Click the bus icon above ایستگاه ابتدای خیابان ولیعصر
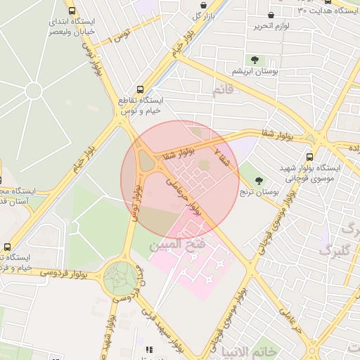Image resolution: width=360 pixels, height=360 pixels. pyautogui.click(x=72, y=11)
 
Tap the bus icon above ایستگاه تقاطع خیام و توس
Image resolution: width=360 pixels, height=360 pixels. pyautogui.click(x=140, y=90)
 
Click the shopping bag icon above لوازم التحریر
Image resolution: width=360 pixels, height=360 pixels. pyautogui.click(x=271, y=15)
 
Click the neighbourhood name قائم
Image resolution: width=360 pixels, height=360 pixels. pyautogui.click(x=222, y=90)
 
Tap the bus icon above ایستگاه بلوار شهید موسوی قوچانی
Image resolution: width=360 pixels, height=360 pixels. pyautogui.click(x=309, y=157)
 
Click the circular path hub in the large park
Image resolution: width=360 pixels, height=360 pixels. pyautogui.click(x=33, y=90)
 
